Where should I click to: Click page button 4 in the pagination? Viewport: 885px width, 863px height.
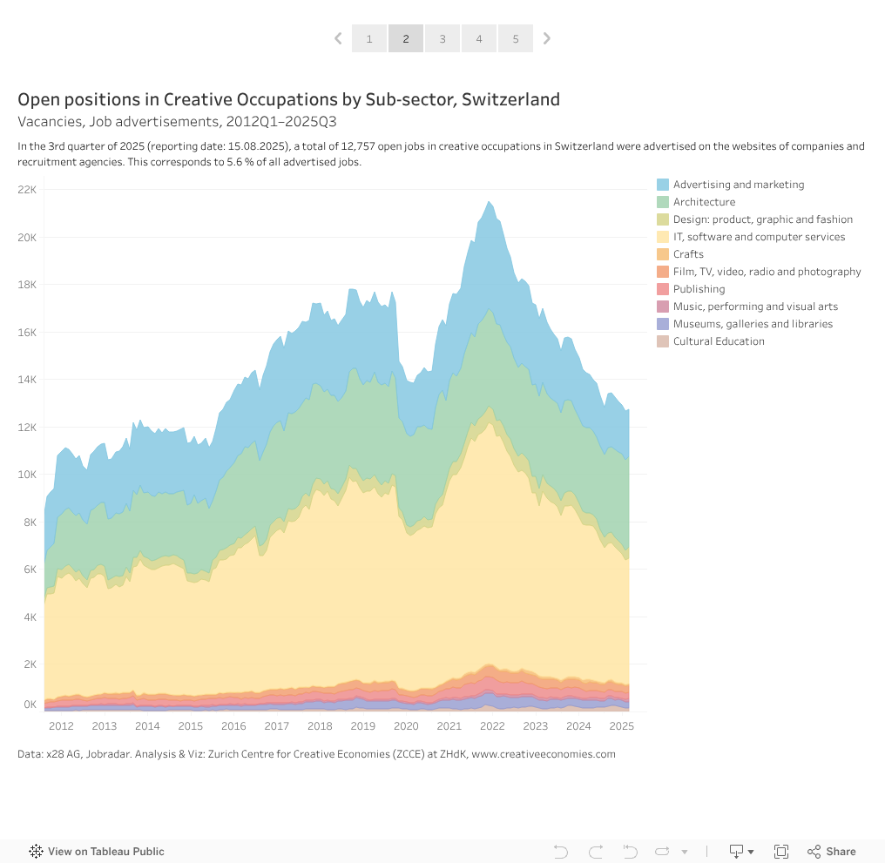click(x=479, y=38)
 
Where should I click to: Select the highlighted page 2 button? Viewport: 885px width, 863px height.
click(x=406, y=38)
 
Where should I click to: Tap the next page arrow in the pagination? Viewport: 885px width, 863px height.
click(x=547, y=38)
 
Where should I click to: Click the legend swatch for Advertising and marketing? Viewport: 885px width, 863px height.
click(x=663, y=185)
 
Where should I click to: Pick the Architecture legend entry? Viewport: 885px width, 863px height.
click(x=704, y=202)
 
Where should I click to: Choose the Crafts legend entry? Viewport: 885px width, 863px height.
click(x=688, y=254)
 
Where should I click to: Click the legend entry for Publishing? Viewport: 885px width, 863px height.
click(x=699, y=289)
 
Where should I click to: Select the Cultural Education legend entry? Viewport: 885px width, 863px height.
click(x=719, y=341)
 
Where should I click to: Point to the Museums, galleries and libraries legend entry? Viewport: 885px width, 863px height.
click(x=753, y=324)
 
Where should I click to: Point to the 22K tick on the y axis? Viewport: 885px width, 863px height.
click(x=27, y=190)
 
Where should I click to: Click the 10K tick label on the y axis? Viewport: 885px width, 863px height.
click(x=27, y=475)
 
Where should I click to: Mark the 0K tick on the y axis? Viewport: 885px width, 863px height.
click(x=30, y=705)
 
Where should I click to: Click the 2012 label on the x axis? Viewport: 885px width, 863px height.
click(x=61, y=726)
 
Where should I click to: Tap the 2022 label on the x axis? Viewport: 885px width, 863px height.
click(x=492, y=726)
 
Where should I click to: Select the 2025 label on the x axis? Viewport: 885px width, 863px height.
click(x=621, y=726)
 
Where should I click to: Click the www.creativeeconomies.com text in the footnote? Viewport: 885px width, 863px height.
click(x=544, y=754)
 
